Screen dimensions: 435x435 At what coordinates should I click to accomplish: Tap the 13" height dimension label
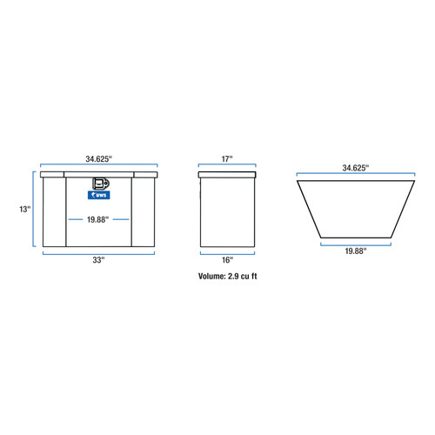pyautogui.click(x=26, y=210)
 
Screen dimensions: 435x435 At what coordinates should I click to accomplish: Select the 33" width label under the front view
pyautogui.click(x=98, y=260)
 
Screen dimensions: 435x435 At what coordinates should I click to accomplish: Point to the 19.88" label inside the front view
pyautogui.click(x=98, y=219)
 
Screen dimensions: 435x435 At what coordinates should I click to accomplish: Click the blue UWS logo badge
pyautogui.click(x=98, y=196)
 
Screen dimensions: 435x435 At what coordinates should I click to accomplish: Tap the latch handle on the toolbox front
pyautogui.click(x=101, y=184)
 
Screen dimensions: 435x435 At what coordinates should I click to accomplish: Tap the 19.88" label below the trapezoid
pyautogui.click(x=354, y=251)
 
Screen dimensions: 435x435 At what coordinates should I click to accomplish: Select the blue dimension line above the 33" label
pyautogui.click(x=98, y=252)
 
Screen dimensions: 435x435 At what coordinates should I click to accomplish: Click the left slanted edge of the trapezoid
pyautogui.click(x=309, y=209)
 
